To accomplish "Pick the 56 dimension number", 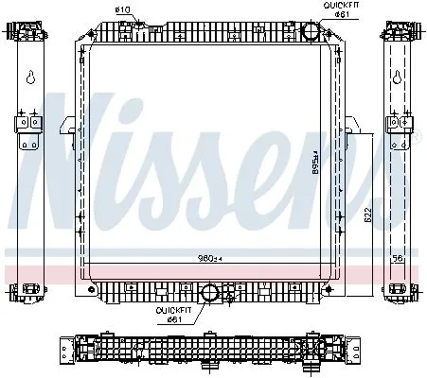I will tap(399, 257).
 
